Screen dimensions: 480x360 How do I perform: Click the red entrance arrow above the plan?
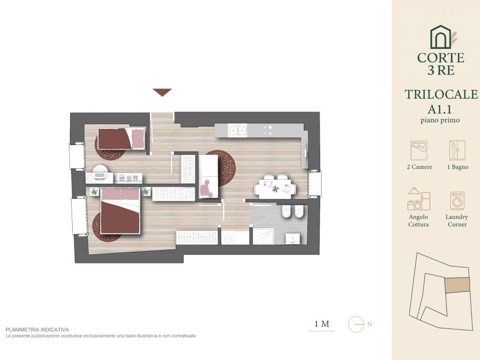pyautogui.click(x=162, y=92)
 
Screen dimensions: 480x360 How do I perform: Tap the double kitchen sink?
pyautogui.click(x=238, y=130)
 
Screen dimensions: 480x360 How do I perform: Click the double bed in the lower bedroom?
pyautogui.click(x=120, y=210)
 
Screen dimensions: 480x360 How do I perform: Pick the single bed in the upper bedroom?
pyautogui.click(x=121, y=139)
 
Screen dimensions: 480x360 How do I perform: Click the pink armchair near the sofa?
pyautogui.click(x=206, y=189)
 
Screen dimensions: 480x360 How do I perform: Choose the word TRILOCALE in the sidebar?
pyautogui.click(x=441, y=95)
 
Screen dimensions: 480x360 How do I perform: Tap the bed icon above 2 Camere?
pyautogui.click(x=419, y=150)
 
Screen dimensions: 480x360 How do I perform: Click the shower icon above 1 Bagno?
pyautogui.click(x=457, y=150)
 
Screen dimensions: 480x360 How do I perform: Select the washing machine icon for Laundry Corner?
pyautogui.click(x=457, y=201)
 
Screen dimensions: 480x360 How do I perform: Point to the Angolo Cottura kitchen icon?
pyautogui.click(x=419, y=199)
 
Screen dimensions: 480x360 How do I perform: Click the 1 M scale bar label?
pyautogui.click(x=322, y=323)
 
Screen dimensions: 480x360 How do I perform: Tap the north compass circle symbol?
pyautogui.click(x=356, y=324)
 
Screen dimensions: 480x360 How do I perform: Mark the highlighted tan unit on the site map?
pyautogui.click(x=457, y=285)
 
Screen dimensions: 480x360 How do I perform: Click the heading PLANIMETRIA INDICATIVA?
pyautogui.click(x=37, y=330)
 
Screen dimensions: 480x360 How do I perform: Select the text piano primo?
pyautogui.click(x=440, y=120)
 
